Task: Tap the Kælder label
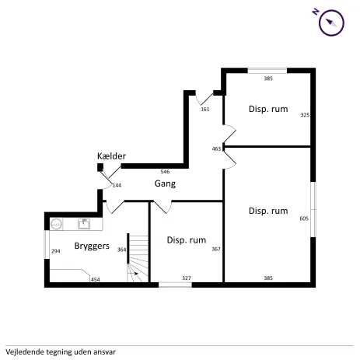pos(111,156)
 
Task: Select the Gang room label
pos(165,183)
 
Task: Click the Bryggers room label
pos(92,246)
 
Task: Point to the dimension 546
pos(165,172)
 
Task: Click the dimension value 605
pos(304,218)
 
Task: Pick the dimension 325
pos(305,114)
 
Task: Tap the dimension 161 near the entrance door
pos(205,110)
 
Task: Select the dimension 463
pos(216,149)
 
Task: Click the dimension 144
pos(117,185)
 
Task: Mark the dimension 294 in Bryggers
pos(56,251)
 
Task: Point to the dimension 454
pos(96,280)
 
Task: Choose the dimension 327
pos(187,278)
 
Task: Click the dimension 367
pos(216,249)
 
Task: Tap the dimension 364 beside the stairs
pos(121,250)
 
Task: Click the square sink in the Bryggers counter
pos(84,224)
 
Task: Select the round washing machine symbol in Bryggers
pos(56,224)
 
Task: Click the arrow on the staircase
pos(134,274)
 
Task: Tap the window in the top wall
pos(267,71)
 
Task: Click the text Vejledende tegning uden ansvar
pos(61,352)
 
